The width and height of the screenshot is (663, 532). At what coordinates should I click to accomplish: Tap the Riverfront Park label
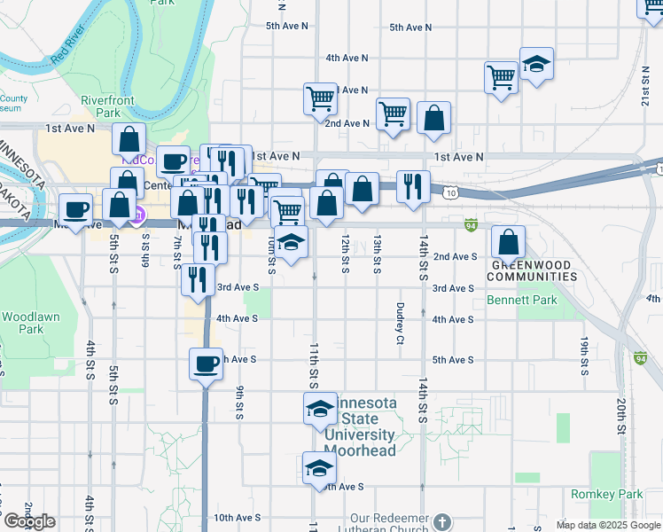coord(107,107)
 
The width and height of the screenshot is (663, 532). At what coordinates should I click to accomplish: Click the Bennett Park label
coord(522,301)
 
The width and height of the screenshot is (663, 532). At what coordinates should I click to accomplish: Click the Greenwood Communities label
coord(534,271)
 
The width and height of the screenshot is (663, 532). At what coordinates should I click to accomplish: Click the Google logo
coord(29,521)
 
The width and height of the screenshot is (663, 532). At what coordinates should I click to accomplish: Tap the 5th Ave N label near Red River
coord(287,27)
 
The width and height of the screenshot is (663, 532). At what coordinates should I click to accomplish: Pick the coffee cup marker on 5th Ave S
coord(206,363)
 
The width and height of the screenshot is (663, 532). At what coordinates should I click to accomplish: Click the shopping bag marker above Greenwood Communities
coord(509,241)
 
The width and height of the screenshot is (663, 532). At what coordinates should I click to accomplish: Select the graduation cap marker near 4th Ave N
coord(536,64)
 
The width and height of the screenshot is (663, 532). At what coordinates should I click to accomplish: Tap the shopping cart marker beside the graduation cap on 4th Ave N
coord(501,77)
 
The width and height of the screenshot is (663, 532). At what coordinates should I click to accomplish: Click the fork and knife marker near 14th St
coord(413,186)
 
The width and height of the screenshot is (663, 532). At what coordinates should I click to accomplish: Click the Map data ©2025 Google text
coord(607,525)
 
